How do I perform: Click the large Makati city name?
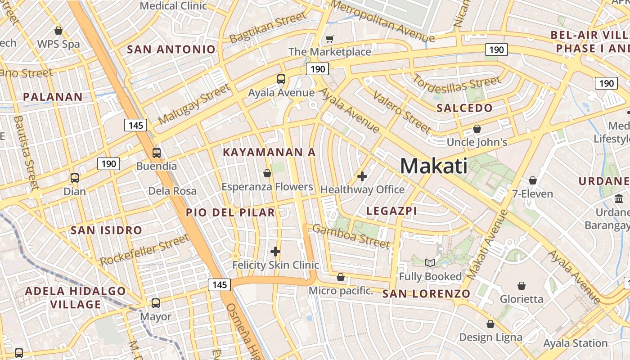[x=433, y=166]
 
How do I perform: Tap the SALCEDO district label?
[x=464, y=108]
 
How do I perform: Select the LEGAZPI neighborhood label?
[x=391, y=211]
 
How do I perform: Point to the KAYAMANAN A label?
[x=269, y=152]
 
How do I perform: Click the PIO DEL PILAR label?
[x=230, y=212]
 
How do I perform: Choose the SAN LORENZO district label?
[x=426, y=294]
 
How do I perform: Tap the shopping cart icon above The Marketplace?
[x=330, y=39]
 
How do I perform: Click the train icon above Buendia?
[x=156, y=153]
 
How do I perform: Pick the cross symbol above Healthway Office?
[x=362, y=176]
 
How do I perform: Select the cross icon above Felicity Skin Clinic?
[x=275, y=252]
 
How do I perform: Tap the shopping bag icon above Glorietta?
[x=521, y=286]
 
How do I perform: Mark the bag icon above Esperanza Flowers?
[x=267, y=173]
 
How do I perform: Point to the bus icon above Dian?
[x=75, y=178]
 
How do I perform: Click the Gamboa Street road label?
[x=351, y=236]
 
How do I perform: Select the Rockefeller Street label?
[x=144, y=250]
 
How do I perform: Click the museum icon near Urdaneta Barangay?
[x=618, y=198]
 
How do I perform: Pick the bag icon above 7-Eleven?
[x=533, y=180]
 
